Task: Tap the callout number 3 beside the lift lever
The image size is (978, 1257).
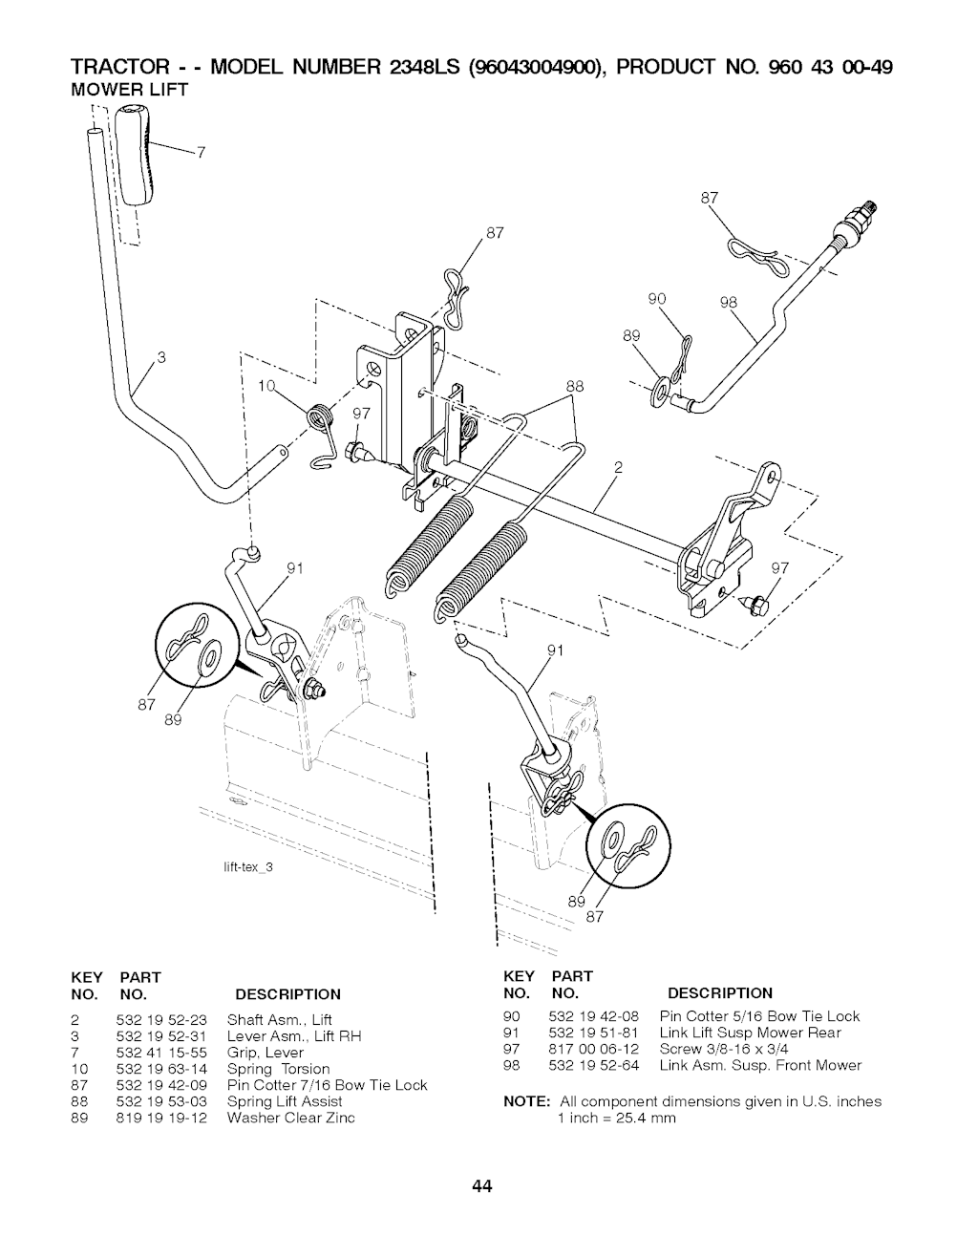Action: [x=161, y=358]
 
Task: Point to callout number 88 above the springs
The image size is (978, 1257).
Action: [x=575, y=386]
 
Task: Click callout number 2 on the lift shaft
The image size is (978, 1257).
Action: [x=618, y=467]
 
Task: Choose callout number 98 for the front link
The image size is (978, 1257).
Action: [x=730, y=302]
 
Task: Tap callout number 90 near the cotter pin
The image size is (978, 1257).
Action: [x=657, y=298]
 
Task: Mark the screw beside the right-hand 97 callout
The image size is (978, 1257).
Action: [x=756, y=606]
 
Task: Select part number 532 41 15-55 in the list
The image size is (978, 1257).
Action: [x=161, y=1053]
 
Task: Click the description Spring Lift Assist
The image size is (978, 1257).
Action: [x=285, y=1101]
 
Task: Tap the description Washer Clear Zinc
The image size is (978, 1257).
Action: [x=291, y=1118]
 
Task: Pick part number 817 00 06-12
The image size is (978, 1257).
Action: [x=594, y=1049]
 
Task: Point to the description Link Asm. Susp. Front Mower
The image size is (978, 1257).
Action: [x=760, y=1065]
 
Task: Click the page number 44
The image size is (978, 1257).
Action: [x=481, y=1186]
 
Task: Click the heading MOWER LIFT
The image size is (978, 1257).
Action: [x=130, y=90]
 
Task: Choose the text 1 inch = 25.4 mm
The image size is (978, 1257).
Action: [x=617, y=1118]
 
